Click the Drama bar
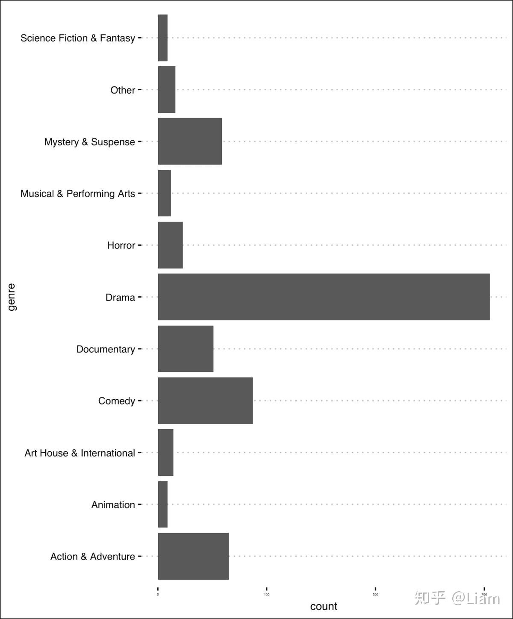pyautogui.click(x=324, y=297)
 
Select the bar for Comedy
pyautogui.click(x=205, y=401)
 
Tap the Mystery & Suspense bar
pyautogui.click(x=190, y=141)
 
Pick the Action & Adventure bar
pyautogui.click(x=193, y=556)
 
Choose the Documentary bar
pyautogui.click(x=186, y=349)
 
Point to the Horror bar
pyautogui.click(x=170, y=245)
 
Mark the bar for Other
pyautogui.click(x=167, y=89)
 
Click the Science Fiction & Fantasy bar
pyautogui.click(x=163, y=38)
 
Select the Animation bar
pyautogui.click(x=163, y=504)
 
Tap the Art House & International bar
pyautogui.click(x=165, y=452)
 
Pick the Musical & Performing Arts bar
pyautogui.click(x=165, y=193)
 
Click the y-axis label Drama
pyautogui.click(x=120, y=297)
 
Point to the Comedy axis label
pyautogui.click(x=116, y=401)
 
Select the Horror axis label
pyautogui.click(x=121, y=245)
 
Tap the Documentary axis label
pyautogui.click(x=106, y=349)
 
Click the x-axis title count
pyautogui.click(x=324, y=606)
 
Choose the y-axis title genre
pyautogui.click(x=12, y=297)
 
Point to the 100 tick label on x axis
pyautogui.click(x=267, y=595)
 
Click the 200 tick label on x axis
pyautogui.click(x=375, y=595)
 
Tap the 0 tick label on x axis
pyautogui.click(x=158, y=595)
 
